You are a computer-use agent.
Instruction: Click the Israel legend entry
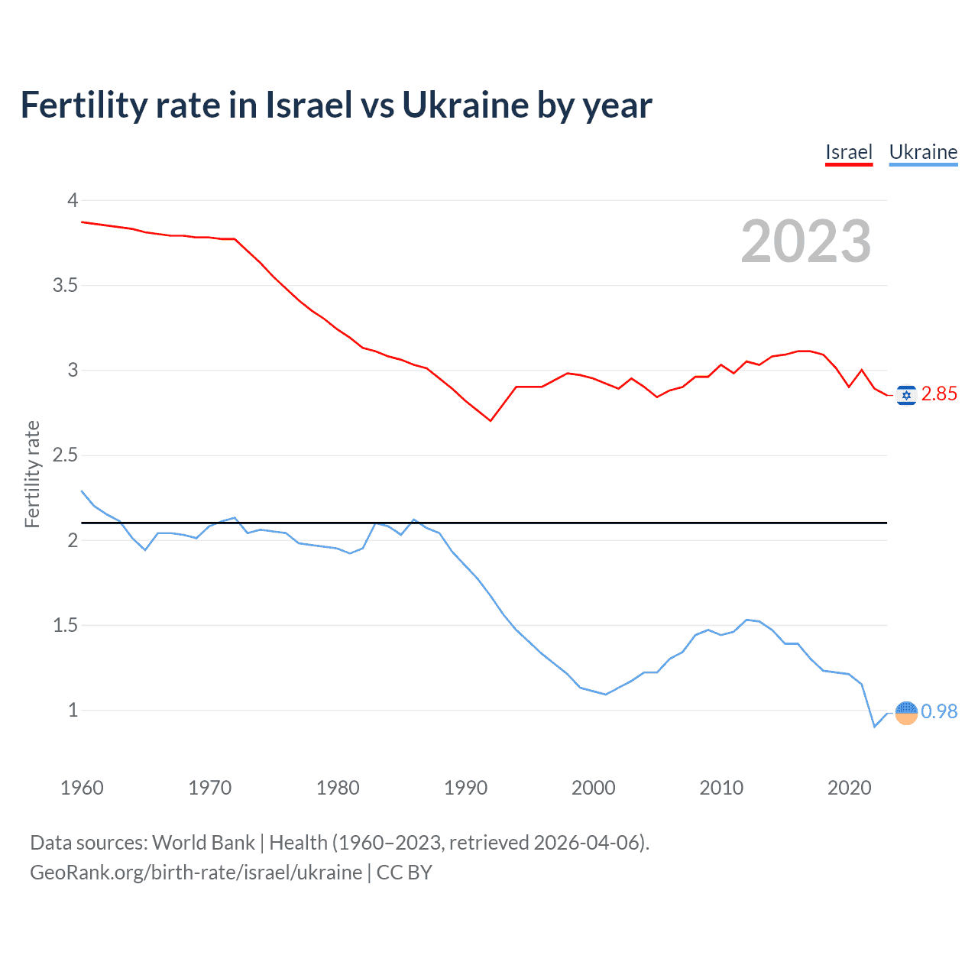pos(848,152)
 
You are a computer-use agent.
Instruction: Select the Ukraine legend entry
pos(923,152)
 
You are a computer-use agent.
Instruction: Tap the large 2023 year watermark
pos(805,241)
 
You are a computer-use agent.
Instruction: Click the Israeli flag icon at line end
pos(906,394)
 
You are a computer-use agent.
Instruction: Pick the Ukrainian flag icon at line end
pos(906,712)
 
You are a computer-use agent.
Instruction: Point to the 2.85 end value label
pos(939,394)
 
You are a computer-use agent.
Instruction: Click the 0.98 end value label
pos(939,712)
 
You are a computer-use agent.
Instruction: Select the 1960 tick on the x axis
pos(82,788)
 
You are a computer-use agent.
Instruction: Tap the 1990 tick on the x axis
pos(465,788)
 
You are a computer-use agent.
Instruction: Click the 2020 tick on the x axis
pos(849,788)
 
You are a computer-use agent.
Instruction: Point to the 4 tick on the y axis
pos(73,200)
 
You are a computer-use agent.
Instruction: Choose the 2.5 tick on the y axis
pos(66,455)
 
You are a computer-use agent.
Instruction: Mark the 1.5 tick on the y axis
pos(66,626)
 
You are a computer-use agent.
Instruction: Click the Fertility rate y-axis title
pos(32,474)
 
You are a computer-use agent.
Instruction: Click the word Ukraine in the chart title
pos(465,105)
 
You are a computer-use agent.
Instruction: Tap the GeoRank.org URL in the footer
pos(196,873)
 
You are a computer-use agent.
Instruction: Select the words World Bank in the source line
pos(203,843)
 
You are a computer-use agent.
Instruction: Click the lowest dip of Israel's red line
pos(491,420)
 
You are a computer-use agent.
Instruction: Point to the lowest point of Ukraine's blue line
pos(875,726)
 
